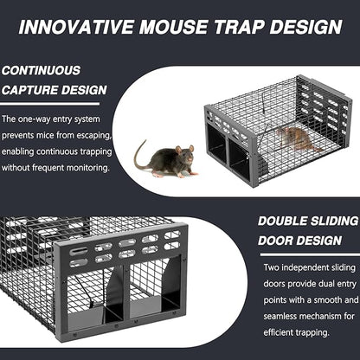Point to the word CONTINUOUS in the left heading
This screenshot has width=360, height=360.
coord(41,70)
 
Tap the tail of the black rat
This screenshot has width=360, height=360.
coord(139,156)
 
